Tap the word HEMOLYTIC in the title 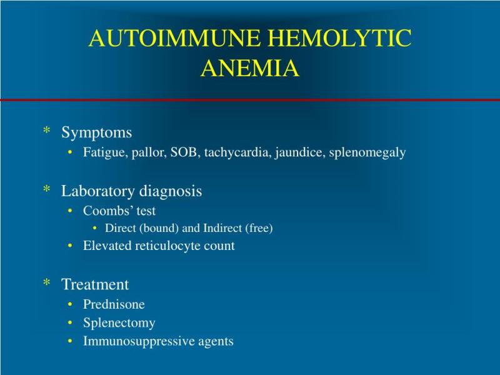click(x=340, y=38)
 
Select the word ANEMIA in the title click(x=250, y=68)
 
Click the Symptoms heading click(x=96, y=132)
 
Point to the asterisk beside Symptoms click(x=47, y=130)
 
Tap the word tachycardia click(x=237, y=152)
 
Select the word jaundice click(x=300, y=152)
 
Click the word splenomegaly click(x=367, y=152)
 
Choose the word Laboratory click(x=98, y=191)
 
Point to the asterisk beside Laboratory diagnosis click(x=47, y=189)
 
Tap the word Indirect click(x=222, y=228)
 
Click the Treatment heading click(x=95, y=284)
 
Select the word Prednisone click(x=114, y=304)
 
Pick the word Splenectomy click(x=119, y=323)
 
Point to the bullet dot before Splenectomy click(x=70, y=323)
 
